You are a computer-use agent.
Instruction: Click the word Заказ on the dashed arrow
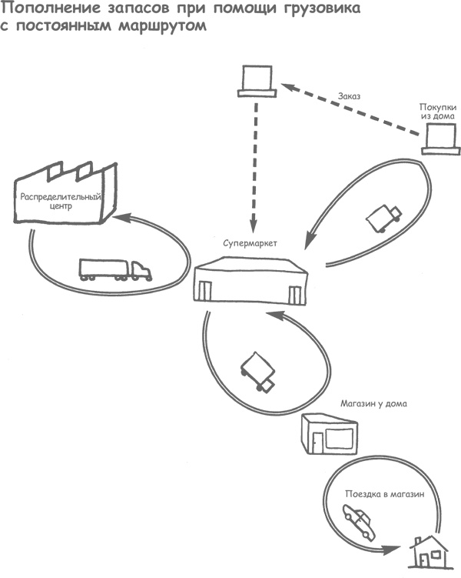tap(350, 96)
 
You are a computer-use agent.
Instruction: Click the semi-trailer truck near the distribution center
tap(115, 269)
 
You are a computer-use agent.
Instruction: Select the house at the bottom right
tap(428, 552)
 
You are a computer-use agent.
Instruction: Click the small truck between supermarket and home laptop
tap(383, 217)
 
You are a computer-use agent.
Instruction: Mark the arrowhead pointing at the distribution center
tap(120, 218)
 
